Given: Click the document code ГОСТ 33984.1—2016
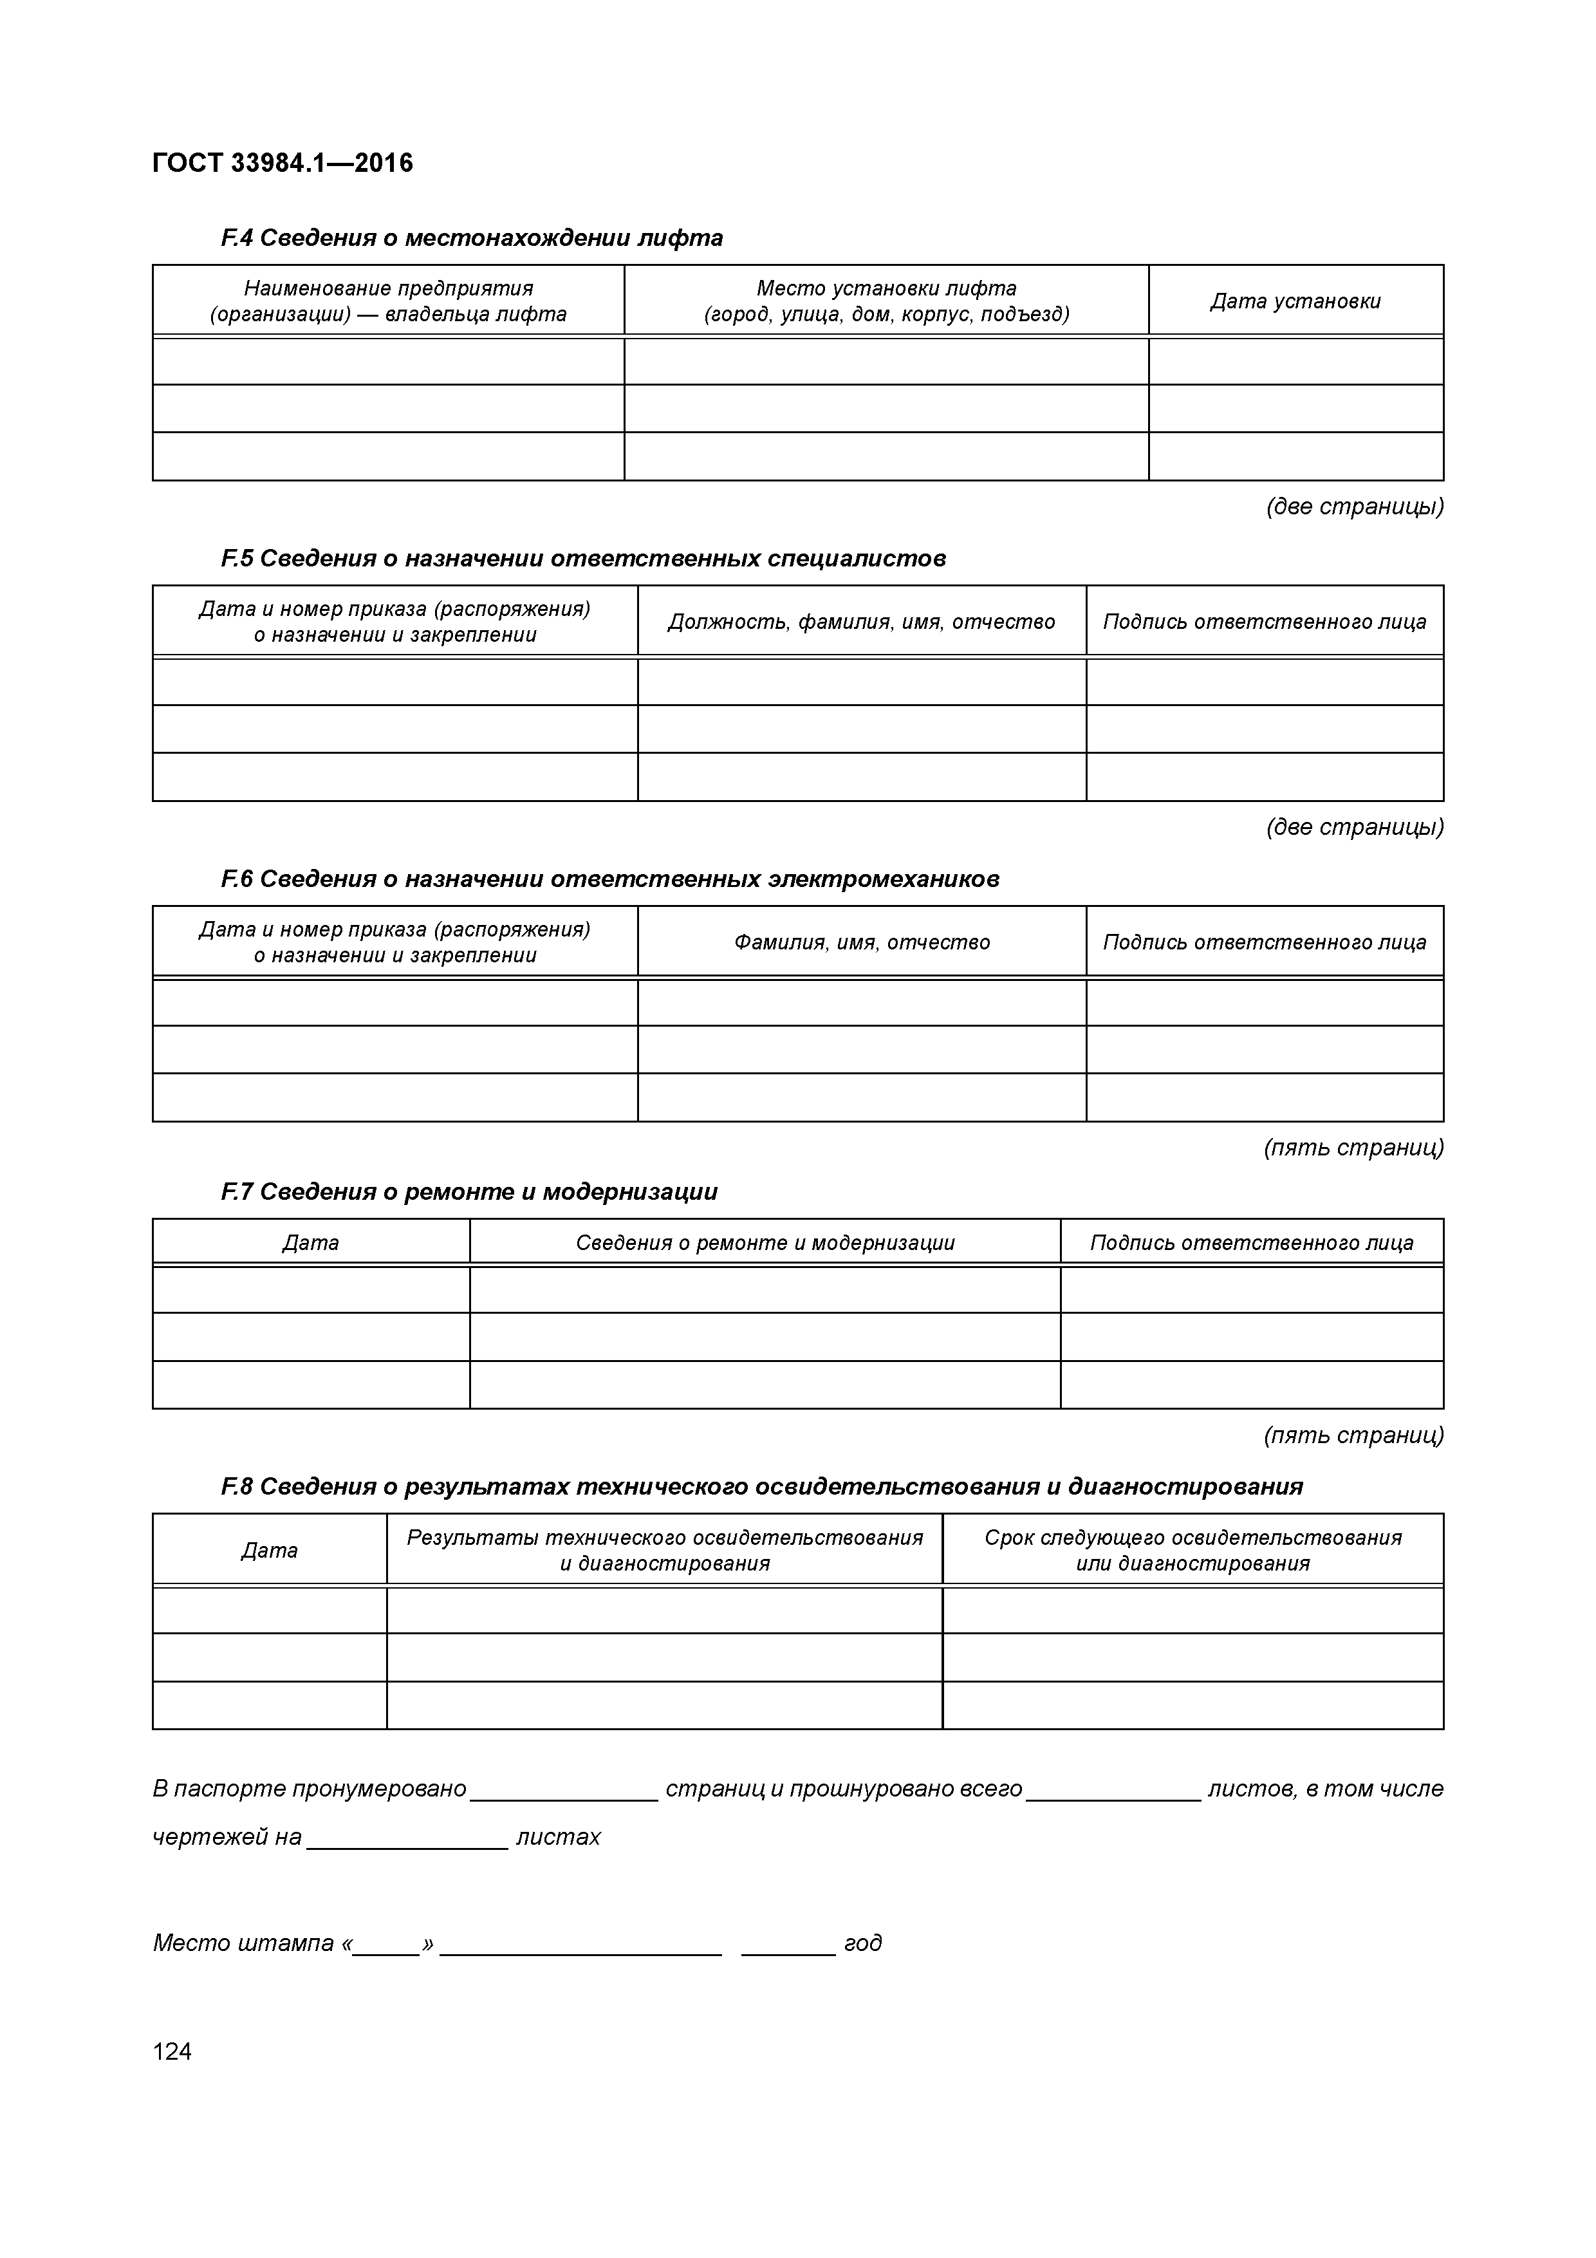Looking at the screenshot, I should (x=283, y=162).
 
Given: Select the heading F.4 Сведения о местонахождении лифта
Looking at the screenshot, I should (x=472, y=238).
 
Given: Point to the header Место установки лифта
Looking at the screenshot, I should (x=886, y=288).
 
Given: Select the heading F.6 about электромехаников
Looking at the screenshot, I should (x=609, y=879).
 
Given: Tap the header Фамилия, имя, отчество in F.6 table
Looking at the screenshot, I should (x=862, y=942).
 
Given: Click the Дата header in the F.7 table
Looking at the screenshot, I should (x=311, y=1242).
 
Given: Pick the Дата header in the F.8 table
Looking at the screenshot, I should (x=270, y=1550).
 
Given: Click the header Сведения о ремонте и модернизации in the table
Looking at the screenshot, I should (x=765, y=1242).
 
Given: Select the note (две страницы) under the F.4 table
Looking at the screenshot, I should (x=1354, y=507).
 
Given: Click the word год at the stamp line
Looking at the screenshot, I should (x=862, y=1943).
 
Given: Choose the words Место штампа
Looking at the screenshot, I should (x=243, y=1943).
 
